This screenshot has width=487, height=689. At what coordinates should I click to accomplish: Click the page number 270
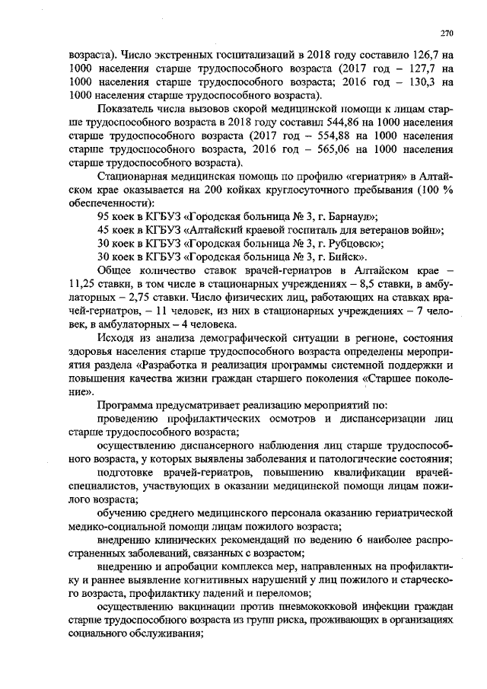pyautogui.click(x=447, y=33)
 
